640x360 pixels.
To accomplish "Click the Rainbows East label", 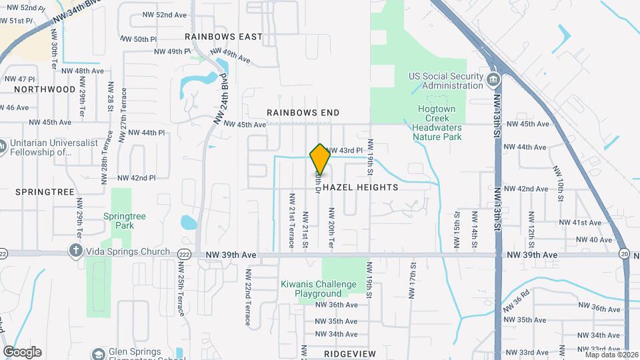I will point(224,37).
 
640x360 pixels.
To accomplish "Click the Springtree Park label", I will point(119,221).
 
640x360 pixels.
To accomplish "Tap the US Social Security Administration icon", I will point(493,81).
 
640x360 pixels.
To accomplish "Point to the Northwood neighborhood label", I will point(45,89).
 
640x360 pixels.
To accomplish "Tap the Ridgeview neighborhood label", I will point(350,353).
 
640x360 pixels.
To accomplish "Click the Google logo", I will point(22,352).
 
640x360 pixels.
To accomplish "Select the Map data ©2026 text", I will point(611,355).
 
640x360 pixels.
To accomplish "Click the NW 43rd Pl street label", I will point(344,151).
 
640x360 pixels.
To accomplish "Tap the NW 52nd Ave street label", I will point(165,15).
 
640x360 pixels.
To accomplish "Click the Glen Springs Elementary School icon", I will point(99,353).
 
